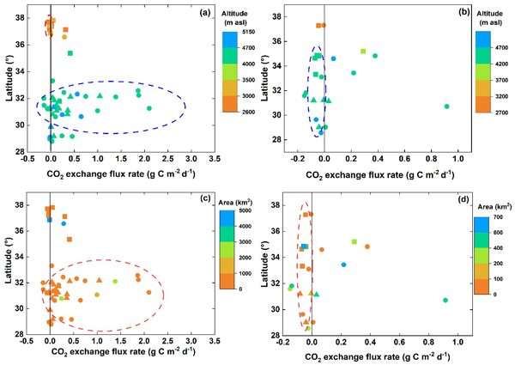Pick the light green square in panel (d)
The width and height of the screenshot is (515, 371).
click(x=354, y=242)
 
